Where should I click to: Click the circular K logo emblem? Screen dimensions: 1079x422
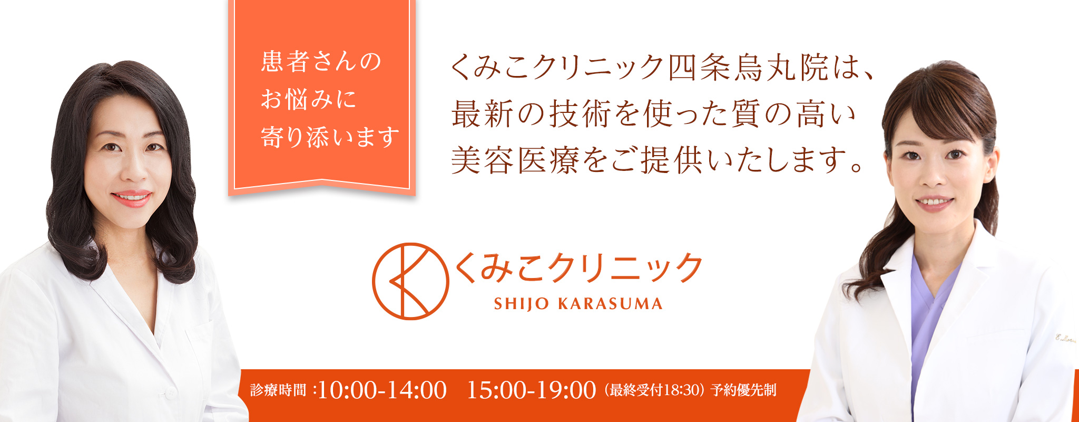(x=410, y=281)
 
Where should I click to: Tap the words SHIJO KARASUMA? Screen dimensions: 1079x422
(x=578, y=304)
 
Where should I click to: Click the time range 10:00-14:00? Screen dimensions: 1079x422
(x=382, y=390)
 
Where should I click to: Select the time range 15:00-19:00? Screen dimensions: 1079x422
(x=531, y=390)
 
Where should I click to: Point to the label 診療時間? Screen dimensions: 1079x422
(x=278, y=390)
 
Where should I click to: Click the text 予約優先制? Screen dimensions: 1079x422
(x=743, y=390)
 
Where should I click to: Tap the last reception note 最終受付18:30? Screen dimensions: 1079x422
(x=654, y=390)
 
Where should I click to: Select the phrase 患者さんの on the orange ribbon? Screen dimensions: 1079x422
(x=321, y=61)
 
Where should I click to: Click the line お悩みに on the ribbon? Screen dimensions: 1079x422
(x=309, y=99)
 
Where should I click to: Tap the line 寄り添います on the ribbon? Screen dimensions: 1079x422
(x=330, y=137)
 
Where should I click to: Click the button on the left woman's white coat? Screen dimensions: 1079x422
(x=170, y=392)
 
